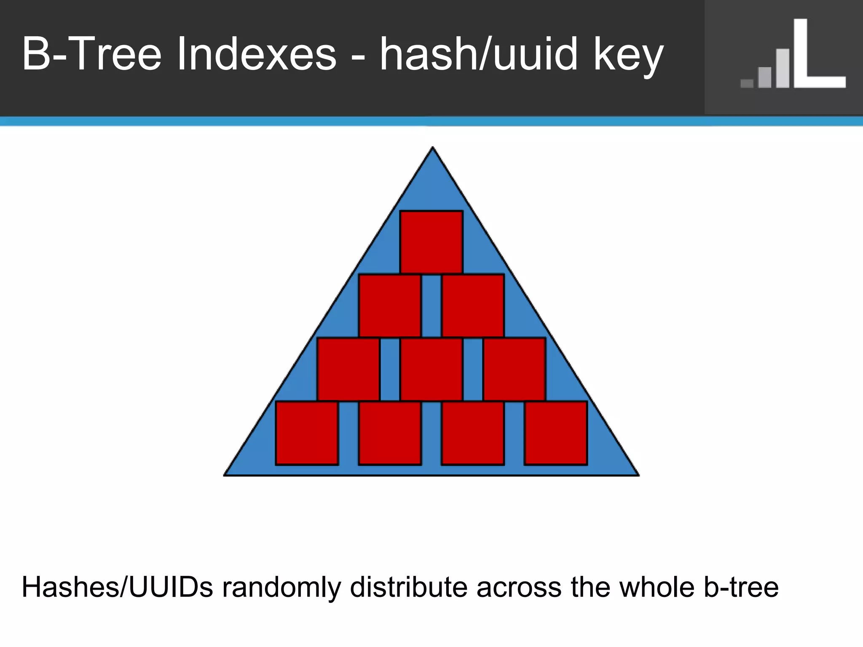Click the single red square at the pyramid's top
coord(431,242)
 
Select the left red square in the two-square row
coord(390,306)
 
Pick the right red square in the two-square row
coord(473,306)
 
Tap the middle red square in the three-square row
coord(431,369)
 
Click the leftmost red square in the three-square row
coord(348,369)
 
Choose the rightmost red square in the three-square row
coord(515,369)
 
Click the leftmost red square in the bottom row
coord(307,433)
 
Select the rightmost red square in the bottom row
coord(556,433)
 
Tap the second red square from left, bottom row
coord(390,433)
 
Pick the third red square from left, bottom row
coord(473,433)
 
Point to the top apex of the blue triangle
coord(433,148)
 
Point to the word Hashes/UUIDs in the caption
coord(117,588)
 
